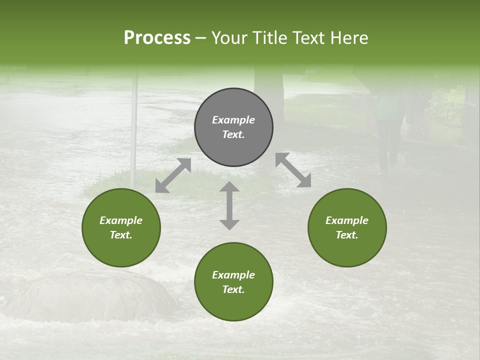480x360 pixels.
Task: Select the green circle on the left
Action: click(x=121, y=227)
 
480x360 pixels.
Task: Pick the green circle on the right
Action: click(x=347, y=227)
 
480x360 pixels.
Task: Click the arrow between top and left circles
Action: click(x=173, y=175)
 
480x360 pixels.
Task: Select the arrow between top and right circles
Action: click(x=293, y=170)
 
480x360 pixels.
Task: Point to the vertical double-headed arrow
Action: click(x=229, y=205)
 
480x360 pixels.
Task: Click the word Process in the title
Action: click(x=157, y=37)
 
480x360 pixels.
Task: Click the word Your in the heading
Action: click(x=229, y=37)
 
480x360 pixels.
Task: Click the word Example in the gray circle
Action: click(x=233, y=120)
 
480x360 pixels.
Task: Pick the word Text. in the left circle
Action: click(x=121, y=235)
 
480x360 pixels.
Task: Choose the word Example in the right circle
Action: click(x=347, y=220)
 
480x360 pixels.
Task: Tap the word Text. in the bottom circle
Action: click(x=233, y=289)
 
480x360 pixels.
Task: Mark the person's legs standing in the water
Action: click(x=388, y=145)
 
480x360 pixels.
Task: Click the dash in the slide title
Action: click(x=201, y=38)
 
